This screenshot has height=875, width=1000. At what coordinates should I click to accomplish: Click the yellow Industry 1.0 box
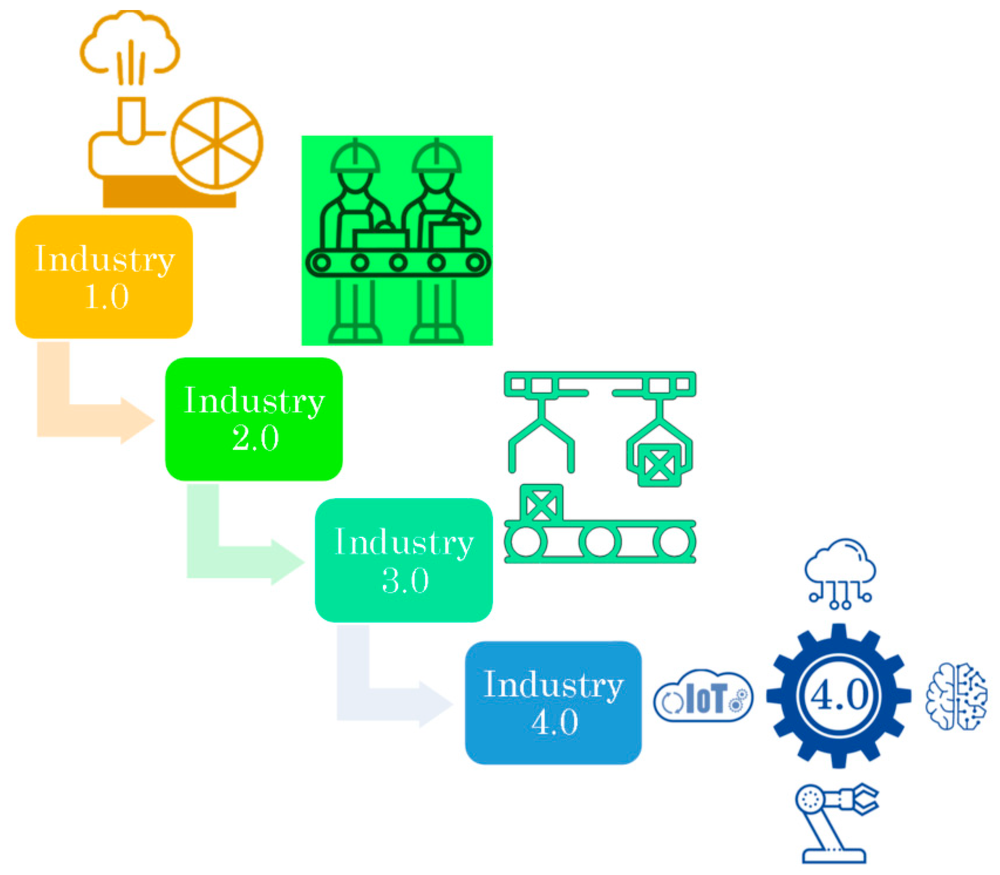coord(104,277)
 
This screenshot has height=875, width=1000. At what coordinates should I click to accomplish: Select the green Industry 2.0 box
coord(254,419)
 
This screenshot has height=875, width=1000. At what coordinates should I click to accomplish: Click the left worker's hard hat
coord(355,157)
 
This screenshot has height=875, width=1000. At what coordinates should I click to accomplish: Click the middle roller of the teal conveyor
coord(600,542)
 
